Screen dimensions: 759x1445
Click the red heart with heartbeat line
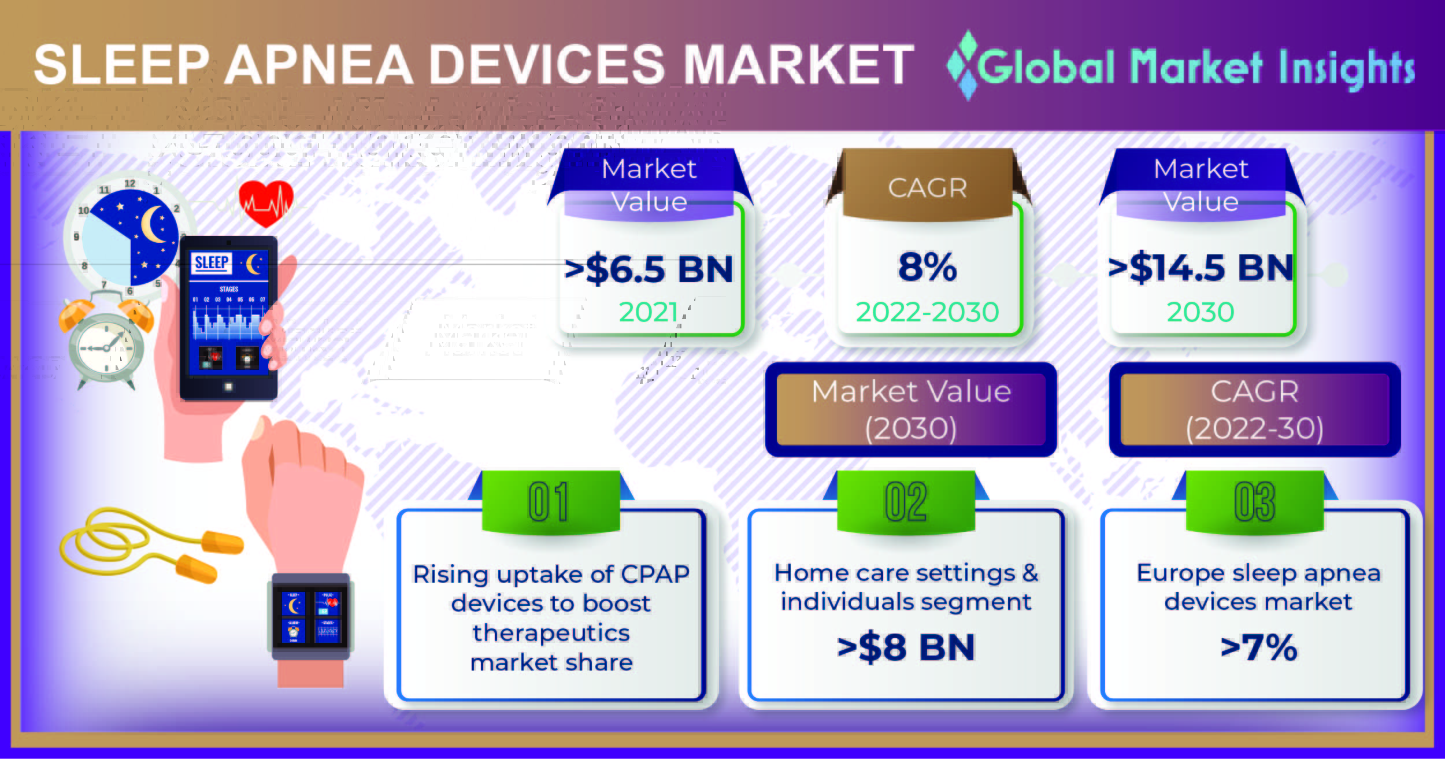coord(266,203)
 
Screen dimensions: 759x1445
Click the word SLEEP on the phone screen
coord(212,263)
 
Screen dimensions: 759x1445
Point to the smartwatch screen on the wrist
coord(311,617)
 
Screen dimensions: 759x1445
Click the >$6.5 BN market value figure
coord(649,269)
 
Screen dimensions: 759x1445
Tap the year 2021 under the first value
coord(649,312)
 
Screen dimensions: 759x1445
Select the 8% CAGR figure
coord(927,267)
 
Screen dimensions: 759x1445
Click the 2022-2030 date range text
coord(927,312)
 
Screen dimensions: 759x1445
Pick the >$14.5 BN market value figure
coord(1201,268)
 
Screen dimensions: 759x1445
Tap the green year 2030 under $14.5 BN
coord(1201,312)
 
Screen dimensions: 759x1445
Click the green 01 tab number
coord(549,501)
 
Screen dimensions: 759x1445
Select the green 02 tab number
coord(906,501)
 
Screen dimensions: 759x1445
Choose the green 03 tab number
coord(1254,501)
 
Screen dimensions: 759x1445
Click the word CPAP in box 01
coord(655,575)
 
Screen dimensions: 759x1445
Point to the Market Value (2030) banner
coord(911,409)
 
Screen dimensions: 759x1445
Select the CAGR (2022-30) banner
coord(1254,409)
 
